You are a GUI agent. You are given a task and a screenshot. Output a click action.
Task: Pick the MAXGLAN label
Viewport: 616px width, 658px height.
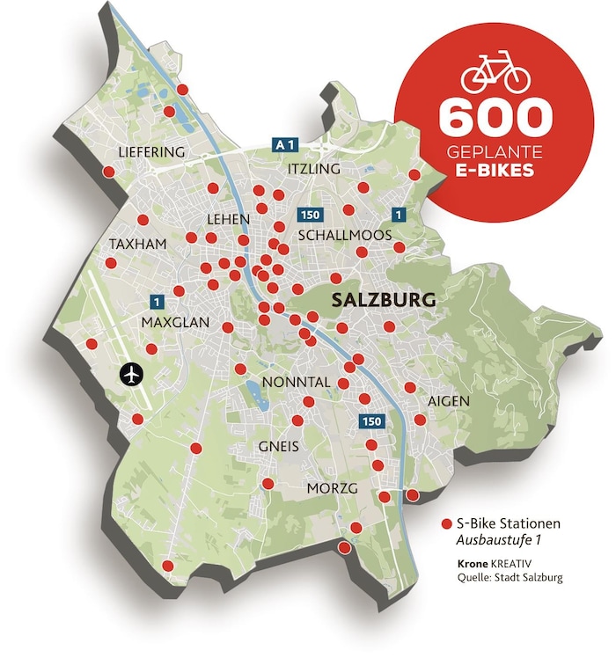point(175,323)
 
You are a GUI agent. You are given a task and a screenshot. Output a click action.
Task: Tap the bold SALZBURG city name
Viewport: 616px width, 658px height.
point(384,300)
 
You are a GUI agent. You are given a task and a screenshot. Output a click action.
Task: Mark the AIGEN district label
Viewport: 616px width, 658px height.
point(449,401)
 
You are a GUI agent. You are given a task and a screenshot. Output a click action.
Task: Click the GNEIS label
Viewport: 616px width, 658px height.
point(279,447)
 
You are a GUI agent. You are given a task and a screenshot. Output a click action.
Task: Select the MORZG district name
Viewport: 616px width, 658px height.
point(331,487)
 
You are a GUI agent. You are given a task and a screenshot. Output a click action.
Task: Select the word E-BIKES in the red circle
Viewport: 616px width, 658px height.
point(495,171)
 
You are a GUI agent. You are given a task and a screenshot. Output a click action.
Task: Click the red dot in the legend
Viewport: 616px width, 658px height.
point(446,523)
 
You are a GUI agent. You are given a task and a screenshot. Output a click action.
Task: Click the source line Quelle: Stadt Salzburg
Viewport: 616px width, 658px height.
point(510,578)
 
